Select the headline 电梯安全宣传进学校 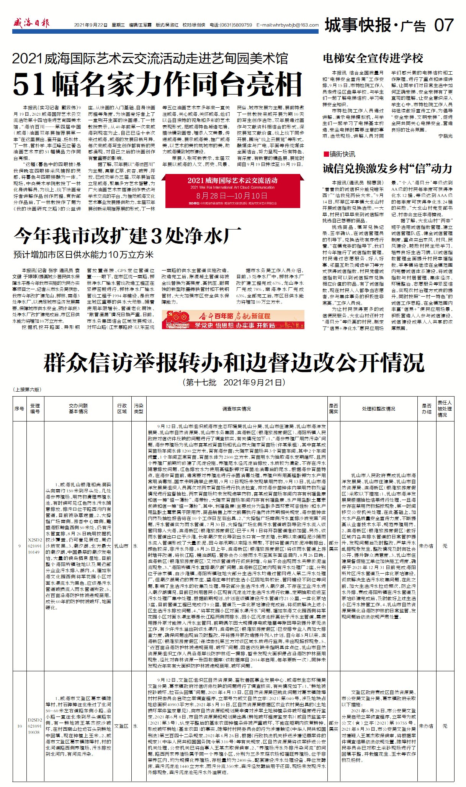[373, 58]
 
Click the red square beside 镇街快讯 [326, 154]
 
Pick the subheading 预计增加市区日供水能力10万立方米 [83, 255]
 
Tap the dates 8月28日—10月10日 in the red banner [232, 195]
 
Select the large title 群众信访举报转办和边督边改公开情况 [234, 362]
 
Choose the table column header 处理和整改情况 [378, 409]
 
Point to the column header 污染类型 [138, 408]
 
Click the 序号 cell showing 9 [19, 546]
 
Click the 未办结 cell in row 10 [426, 726]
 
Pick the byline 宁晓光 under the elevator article [445, 136]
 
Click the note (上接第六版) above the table [28, 389]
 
